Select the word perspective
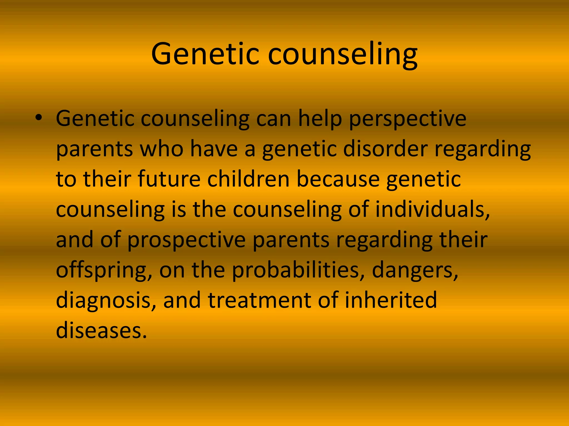(x=407, y=119)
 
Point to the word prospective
(x=186, y=240)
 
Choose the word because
(x=338, y=179)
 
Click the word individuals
(x=433, y=209)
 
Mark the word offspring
(x=104, y=270)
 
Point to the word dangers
(x=415, y=270)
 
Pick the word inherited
(x=391, y=300)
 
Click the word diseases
(x=101, y=330)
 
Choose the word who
(x=161, y=149)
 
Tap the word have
(x=214, y=149)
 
